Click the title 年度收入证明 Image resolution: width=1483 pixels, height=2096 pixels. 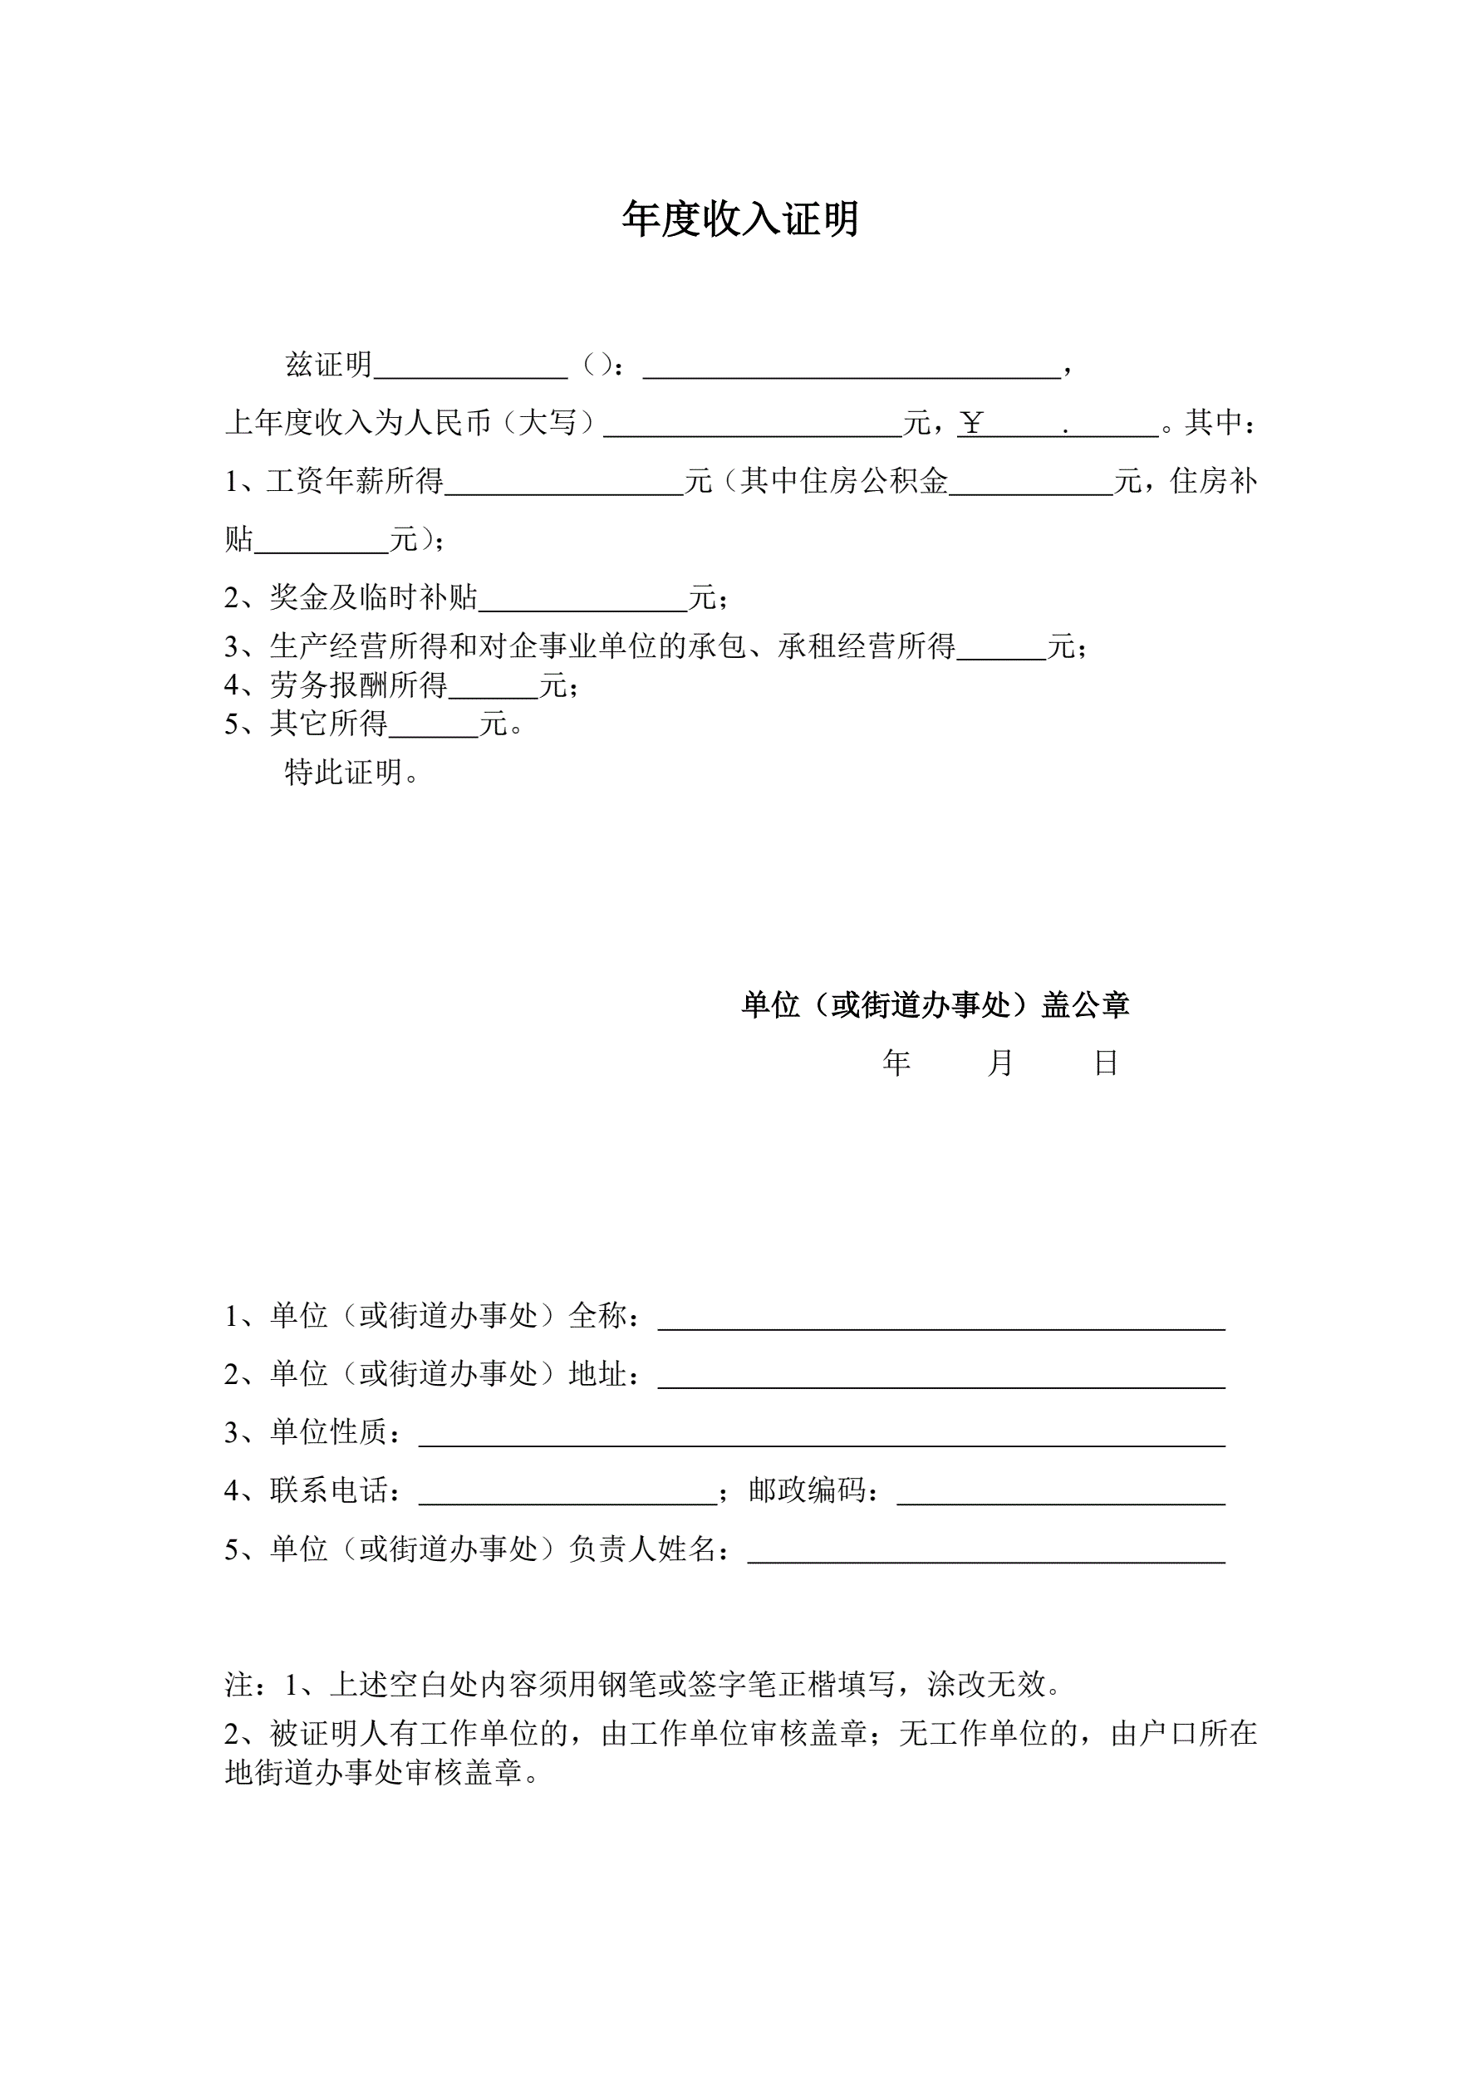coord(740,219)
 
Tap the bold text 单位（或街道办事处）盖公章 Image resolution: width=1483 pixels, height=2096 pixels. coord(935,1005)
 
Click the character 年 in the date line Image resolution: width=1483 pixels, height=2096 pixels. coord(896,1063)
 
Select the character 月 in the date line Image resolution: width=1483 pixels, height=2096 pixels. coord(1000,1063)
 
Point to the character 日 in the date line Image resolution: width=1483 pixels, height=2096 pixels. coord(1106,1063)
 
